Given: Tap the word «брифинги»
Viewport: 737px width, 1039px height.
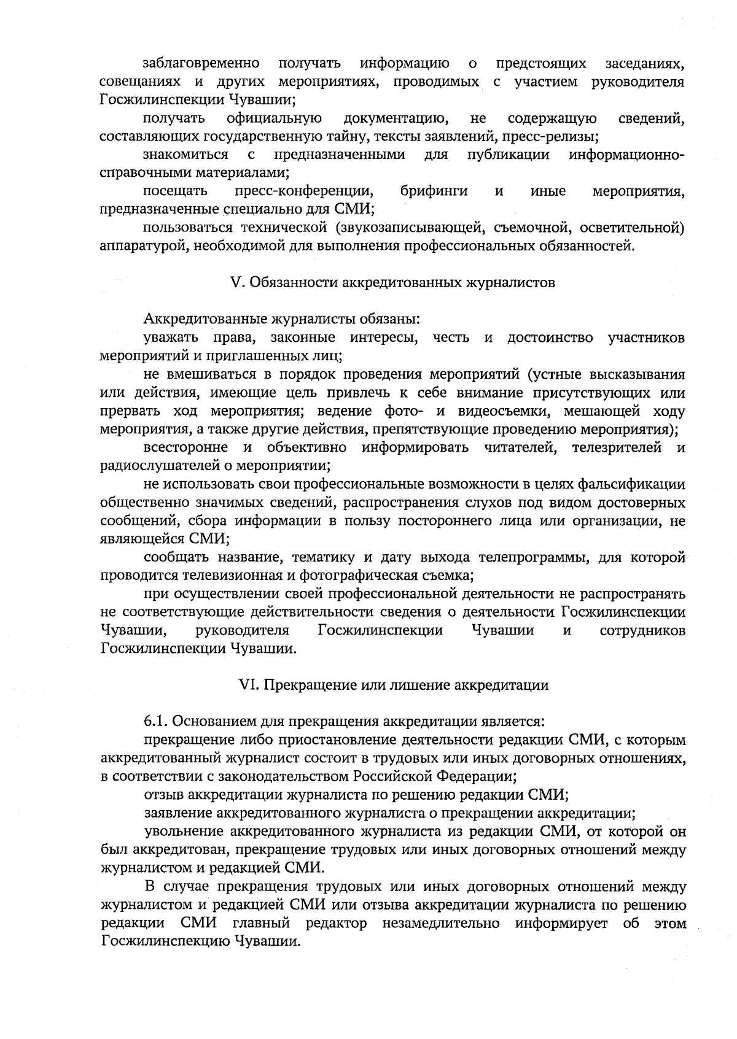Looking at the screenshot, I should [x=434, y=191].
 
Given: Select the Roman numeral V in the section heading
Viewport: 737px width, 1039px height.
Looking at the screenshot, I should [x=233, y=283].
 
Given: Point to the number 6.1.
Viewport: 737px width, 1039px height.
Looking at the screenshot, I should [x=157, y=721].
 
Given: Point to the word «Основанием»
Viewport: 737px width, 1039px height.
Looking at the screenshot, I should [x=213, y=721].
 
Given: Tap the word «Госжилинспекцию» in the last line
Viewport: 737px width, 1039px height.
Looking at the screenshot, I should [x=162, y=941].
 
